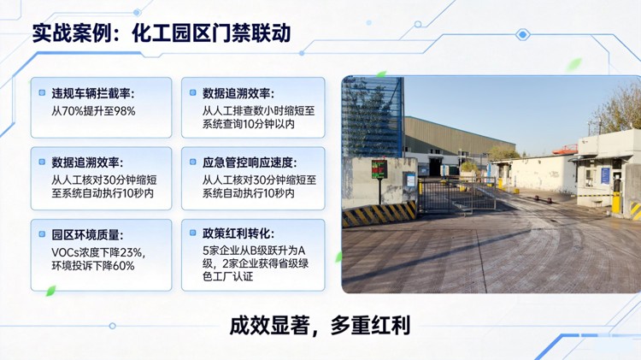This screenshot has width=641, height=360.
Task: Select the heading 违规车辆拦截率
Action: click(93, 93)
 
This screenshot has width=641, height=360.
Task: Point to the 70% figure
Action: click(75, 110)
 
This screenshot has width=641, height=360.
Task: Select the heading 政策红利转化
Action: click(238, 233)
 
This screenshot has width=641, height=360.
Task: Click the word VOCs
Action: click(65, 251)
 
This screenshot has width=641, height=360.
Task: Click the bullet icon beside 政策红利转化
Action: click(193, 233)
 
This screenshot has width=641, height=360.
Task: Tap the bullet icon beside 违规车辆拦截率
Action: click(42, 92)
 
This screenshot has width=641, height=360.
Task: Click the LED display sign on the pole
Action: click(379, 168)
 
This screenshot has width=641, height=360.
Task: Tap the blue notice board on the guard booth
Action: click(605, 175)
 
